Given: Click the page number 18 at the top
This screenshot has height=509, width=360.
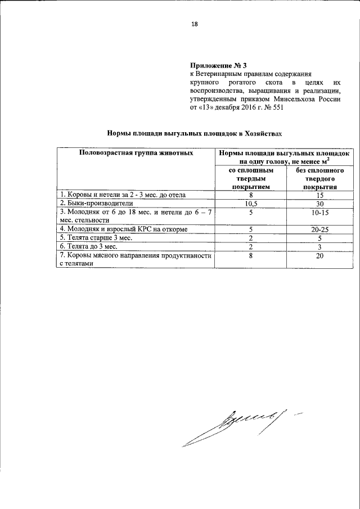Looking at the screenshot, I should [x=195, y=24].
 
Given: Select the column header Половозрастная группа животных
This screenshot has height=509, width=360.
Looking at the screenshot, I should [x=137, y=152].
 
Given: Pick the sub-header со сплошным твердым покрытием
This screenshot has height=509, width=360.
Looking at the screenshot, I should [x=251, y=178].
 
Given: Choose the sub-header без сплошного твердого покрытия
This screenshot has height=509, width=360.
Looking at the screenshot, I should [x=319, y=178].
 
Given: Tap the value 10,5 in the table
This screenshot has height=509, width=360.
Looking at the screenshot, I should [x=251, y=203].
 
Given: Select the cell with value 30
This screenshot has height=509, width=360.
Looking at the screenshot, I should [x=319, y=203].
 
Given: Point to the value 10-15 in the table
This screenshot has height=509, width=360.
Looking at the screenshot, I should [x=319, y=213].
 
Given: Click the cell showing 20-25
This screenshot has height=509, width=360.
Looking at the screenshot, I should [x=319, y=229].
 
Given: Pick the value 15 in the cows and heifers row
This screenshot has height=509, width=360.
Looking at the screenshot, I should [x=319, y=195].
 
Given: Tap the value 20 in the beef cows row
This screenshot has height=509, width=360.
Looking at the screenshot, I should [x=319, y=255].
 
